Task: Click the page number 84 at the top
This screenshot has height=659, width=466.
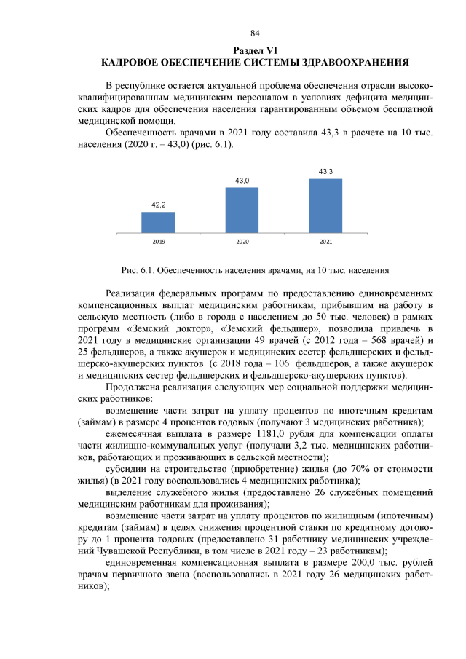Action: coord(255,33)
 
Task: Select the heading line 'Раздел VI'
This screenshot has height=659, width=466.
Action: coord(255,50)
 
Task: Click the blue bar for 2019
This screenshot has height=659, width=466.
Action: coord(158,223)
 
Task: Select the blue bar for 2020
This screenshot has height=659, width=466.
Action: coord(242,210)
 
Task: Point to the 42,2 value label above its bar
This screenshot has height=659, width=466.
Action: coord(158,205)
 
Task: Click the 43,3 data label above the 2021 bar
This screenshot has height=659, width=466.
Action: coord(325,171)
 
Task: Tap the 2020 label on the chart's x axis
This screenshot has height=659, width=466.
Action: coord(242,240)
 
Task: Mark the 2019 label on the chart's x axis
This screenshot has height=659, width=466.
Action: coord(158,240)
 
